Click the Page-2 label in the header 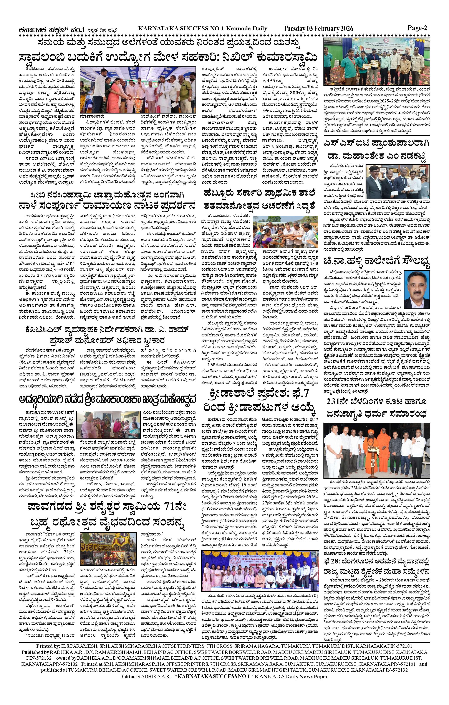(417, 28)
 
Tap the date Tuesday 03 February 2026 (318, 28)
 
